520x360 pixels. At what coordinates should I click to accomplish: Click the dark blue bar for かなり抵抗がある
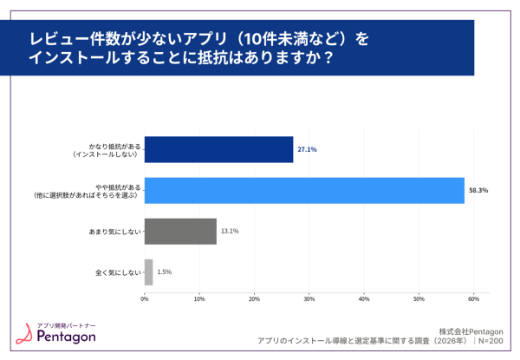pyautogui.click(x=218, y=149)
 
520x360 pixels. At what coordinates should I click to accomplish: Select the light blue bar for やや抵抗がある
pyautogui.click(x=304, y=190)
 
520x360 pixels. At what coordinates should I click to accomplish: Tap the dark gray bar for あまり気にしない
pyautogui.click(x=180, y=231)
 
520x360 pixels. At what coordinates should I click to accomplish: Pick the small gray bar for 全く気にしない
pyautogui.click(x=148, y=272)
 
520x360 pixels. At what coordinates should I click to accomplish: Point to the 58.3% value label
pyautogui.click(x=478, y=190)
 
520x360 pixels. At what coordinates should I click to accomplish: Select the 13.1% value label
pyautogui.click(x=230, y=231)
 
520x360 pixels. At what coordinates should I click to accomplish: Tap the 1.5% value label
pyautogui.click(x=165, y=272)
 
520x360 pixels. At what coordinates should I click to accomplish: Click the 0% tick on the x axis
pyautogui.click(x=145, y=299)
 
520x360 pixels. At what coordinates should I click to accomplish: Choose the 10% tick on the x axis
pyautogui.click(x=199, y=299)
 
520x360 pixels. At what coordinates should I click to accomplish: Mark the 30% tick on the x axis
pyautogui.click(x=309, y=299)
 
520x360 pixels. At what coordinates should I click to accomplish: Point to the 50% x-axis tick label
pyautogui.click(x=419, y=299)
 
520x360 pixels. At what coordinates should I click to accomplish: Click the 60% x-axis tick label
pyautogui.click(x=473, y=299)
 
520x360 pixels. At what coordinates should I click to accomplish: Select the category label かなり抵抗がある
pyautogui.click(x=112, y=146)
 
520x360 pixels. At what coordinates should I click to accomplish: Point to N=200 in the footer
pyautogui.click(x=491, y=342)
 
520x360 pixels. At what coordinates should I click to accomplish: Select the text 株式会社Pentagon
pyautogui.click(x=471, y=331)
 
